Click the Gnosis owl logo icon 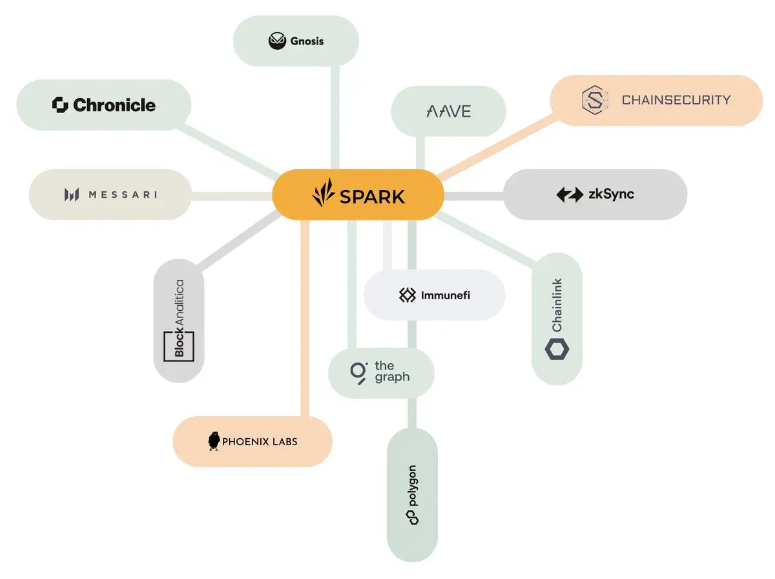pos(277,41)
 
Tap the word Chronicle pos(114,105)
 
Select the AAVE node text pos(449,111)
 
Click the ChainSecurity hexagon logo pos(595,100)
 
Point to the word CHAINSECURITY pos(676,100)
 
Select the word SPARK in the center pos(372,196)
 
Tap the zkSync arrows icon pos(569,195)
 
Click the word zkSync pos(611,194)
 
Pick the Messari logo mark pos(72,195)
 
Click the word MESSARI pos(122,195)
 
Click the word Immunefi pos(446,296)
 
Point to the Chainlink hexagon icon pos(557,348)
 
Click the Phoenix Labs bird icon pos(214,441)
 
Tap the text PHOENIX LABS pos(260,442)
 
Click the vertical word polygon pos(412,485)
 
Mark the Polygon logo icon pos(412,517)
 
